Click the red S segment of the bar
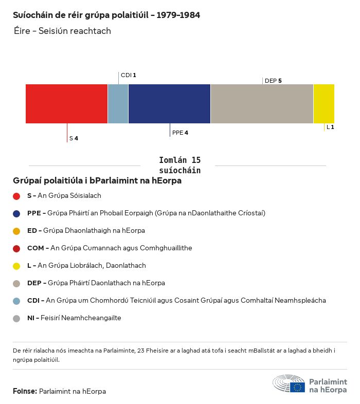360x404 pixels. [x=66, y=104]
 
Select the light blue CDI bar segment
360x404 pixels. [x=118, y=104]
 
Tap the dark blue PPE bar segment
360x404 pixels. [x=169, y=104]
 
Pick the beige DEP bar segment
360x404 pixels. [x=262, y=104]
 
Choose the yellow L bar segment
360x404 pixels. [x=324, y=104]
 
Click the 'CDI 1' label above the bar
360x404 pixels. [x=128, y=75]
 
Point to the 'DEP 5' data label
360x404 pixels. [x=273, y=81]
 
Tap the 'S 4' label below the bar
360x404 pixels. [x=74, y=138]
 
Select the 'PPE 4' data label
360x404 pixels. [x=180, y=133]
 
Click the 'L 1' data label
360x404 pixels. [x=330, y=127]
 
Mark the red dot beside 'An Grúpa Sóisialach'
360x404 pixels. [x=16, y=196]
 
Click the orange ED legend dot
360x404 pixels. [x=16, y=231]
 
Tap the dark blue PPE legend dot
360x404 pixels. [x=16, y=213]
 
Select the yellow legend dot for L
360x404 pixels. [x=16, y=266]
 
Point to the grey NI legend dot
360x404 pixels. [x=16, y=318]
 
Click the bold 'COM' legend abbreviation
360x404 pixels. [x=35, y=248]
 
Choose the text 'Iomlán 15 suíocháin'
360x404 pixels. [x=179, y=165]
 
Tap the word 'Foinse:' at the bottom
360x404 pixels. [x=25, y=391]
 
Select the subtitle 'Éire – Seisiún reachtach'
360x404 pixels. [x=62, y=31]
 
